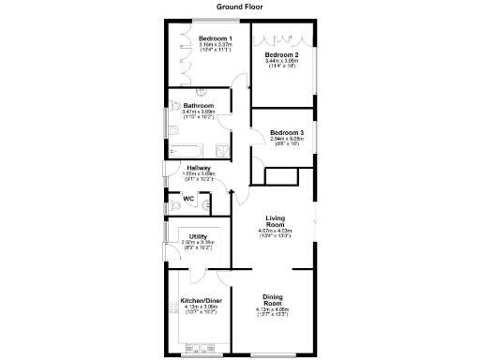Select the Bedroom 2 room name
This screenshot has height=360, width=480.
282,55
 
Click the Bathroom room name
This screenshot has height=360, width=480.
198,105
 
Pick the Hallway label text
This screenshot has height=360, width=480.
198,168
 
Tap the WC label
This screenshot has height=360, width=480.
188,199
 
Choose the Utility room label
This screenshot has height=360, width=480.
198,236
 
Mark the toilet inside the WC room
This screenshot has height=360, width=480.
173,203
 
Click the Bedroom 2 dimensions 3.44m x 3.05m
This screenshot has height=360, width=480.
282,62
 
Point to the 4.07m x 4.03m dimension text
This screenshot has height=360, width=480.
275,231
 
